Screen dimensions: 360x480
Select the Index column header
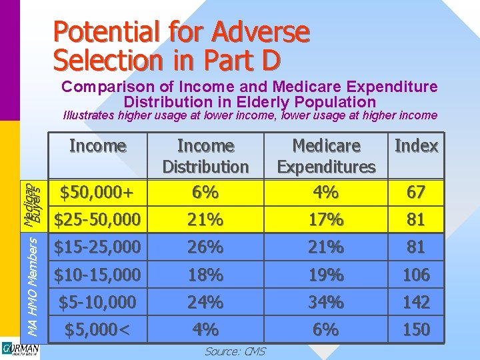pos(416,146)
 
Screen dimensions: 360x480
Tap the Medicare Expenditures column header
pos(326,156)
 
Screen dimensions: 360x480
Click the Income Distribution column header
pos(205,156)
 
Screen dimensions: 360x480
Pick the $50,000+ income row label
pos(97,193)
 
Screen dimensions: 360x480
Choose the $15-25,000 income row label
pos(97,247)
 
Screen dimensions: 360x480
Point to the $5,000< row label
pos(97,329)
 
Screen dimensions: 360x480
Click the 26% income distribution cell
pos(205,247)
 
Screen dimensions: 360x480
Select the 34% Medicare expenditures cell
pos(326,302)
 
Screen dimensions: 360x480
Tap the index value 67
pos(416,193)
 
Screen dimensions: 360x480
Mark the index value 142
pos(416,302)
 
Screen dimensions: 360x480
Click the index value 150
pos(416,329)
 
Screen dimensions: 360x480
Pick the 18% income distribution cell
pos(205,275)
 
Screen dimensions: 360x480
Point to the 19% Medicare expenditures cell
pos(326,275)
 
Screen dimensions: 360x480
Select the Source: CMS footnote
pos(235,351)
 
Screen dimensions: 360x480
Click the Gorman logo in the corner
pos(20,351)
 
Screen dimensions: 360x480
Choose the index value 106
pos(416,275)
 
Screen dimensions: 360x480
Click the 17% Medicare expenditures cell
pos(326,219)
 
